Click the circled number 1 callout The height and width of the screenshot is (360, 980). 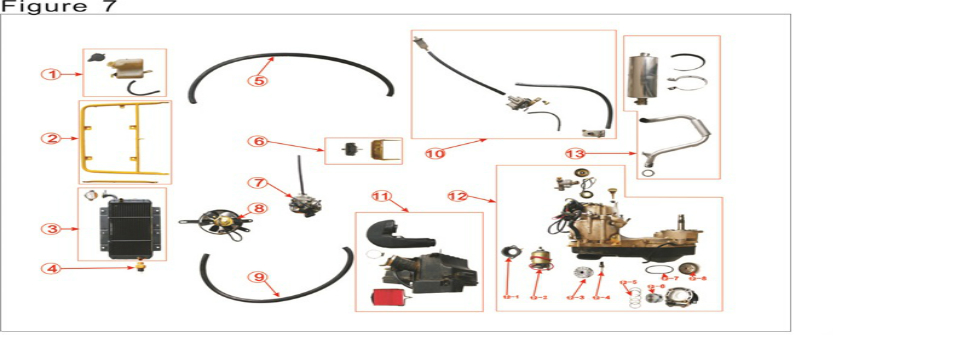pyautogui.click(x=46, y=75)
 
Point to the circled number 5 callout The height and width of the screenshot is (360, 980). pyautogui.click(x=259, y=80)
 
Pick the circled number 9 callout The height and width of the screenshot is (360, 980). pyautogui.click(x=259, y=277)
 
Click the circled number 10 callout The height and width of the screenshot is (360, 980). pyautogui.click(x=435, y=153)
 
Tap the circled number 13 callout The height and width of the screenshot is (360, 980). pyautogui.click(x=574, y=153)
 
